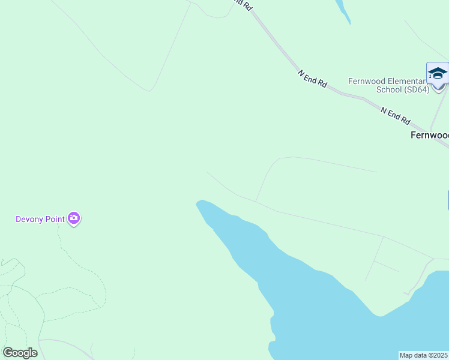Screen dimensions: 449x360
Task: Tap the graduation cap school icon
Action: [x=438, y=73]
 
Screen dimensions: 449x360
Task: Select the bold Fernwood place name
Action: [x=429, y=136]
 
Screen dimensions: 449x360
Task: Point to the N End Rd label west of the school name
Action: [x=312, y=79]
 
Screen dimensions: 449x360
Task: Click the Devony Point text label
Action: [x=40, y=219]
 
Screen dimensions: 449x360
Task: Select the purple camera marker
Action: [x=74, y=218]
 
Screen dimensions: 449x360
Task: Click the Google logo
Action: [x=20, y=353]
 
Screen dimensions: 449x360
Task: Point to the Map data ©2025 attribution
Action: [x=424, y=355]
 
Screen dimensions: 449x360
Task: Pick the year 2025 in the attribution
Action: [x=440, y=355]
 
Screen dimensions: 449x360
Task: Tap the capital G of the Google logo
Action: [x=8, y=352]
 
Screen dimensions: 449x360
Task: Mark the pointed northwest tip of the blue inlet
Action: [x=197, y=202]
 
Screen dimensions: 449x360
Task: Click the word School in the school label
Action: [x=388, y=90]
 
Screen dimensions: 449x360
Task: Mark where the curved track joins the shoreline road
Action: [x=256, y=202]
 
